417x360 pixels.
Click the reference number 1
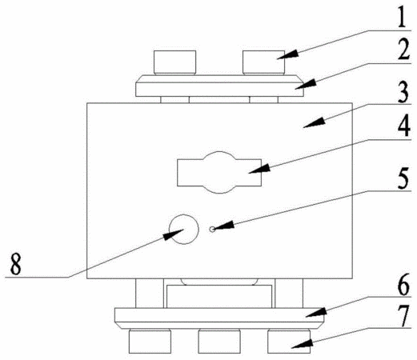click(402, 16)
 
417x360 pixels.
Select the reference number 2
click(402, 50)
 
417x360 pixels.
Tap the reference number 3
click(403, 92)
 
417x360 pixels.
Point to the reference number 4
click(403, 126)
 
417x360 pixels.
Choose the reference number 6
click(403, 285)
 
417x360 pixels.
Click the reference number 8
click(15, 264)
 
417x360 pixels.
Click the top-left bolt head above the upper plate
click(174, 62)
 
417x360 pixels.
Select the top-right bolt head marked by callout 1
click(263, 62)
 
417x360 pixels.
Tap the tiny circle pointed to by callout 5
click(212, 229)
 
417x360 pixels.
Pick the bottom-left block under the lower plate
click(150, 342)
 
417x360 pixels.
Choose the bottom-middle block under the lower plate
click(219, 342)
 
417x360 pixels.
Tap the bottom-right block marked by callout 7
click(289, 342)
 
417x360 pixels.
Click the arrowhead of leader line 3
click(315, 122)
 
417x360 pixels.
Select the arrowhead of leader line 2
click(306, 85)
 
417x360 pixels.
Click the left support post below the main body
click(150, 294)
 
